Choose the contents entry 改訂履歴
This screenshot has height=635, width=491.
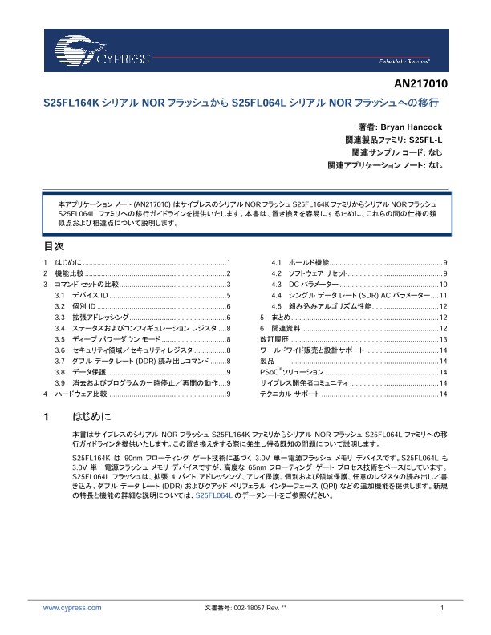click(274, 340)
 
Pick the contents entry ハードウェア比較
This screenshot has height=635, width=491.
click(79, 394)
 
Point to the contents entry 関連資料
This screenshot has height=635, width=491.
click(285, 329)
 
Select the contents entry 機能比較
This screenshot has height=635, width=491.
click(67, 274)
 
